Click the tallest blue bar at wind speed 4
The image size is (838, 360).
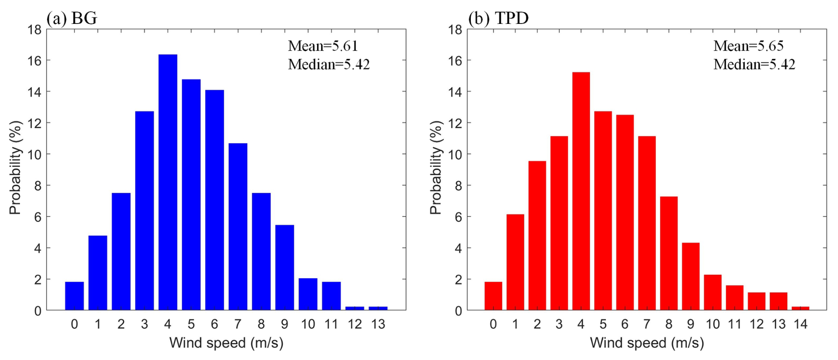coord(167,182)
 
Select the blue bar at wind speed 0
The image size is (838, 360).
coord(74,296)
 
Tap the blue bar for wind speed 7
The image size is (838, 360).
coord(238,226)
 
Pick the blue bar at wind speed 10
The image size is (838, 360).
coord(308,294)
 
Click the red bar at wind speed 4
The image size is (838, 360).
coord(581,190)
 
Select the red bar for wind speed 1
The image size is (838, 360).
coord(515,262)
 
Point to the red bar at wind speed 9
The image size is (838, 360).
coord(691,276)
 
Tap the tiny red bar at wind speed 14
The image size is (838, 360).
coord(800,308)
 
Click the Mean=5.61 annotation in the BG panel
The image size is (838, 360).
coord(322,46)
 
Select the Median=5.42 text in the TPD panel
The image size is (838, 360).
coord(754,65)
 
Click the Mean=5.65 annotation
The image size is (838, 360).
coord(748,46)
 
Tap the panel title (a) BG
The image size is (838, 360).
coord(72,18)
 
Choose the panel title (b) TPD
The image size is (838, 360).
coord(498,18)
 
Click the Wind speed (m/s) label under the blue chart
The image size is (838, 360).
coord(226,343)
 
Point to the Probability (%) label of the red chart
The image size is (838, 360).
coord(436,167)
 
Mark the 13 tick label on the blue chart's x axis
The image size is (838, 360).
coord(378,325)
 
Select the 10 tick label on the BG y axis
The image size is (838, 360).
coord(34,155)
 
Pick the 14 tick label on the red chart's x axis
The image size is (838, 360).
coord(800,325)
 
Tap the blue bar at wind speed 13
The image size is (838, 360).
coord(378,308)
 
